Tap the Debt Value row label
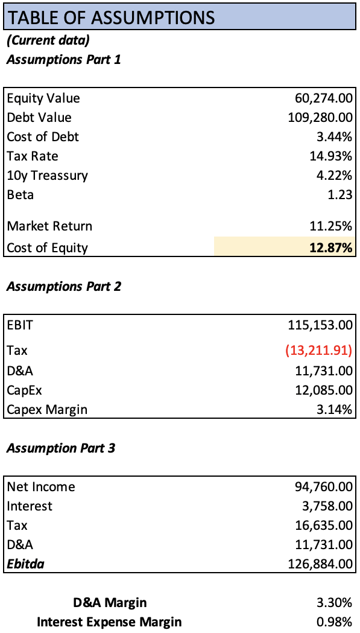pos(39,118)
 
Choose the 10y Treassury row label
pos(48,176)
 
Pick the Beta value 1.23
pos(341,195)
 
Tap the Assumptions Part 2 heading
pos(64,286)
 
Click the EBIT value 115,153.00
pos(320,325)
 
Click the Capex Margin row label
pos(47,410)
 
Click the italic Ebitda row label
pos(25,564)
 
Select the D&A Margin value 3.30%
pos(335,602)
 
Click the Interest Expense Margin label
pos(109,622)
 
